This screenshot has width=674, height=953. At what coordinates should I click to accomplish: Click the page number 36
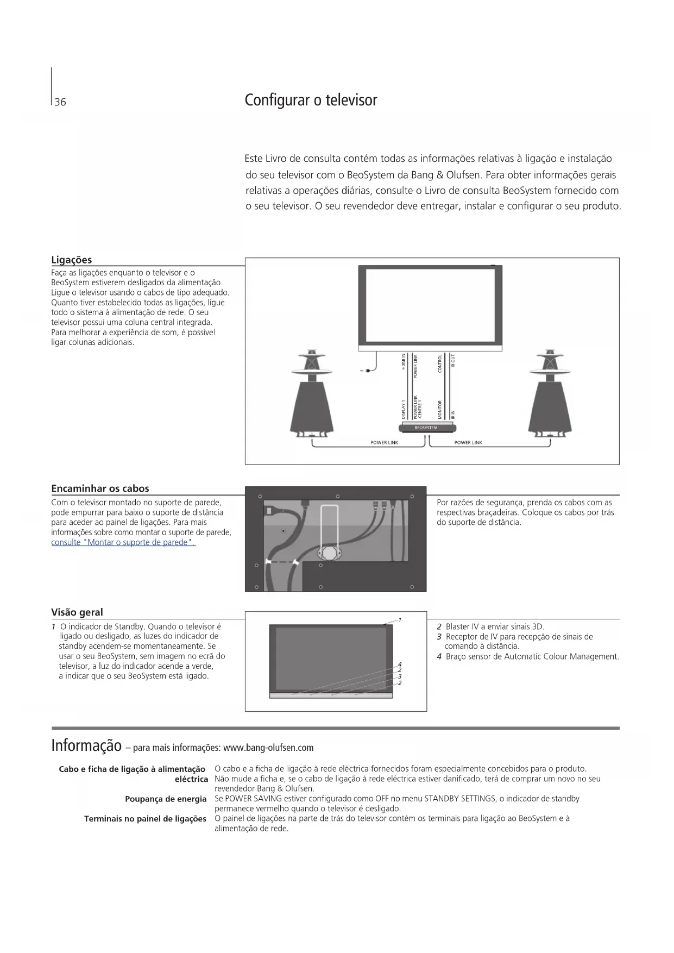[60, 102]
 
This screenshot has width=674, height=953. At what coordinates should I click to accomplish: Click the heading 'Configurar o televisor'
[311, 101]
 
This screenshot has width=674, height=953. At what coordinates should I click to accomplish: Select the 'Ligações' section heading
[72, 260]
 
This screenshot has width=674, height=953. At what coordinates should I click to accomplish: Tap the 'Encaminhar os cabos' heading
[100, 488]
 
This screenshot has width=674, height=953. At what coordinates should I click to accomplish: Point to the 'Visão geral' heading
[77, 612]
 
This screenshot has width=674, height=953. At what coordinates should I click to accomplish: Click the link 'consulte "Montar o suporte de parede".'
[123, 542]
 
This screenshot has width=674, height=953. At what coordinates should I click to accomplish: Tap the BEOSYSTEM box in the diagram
[426, 428]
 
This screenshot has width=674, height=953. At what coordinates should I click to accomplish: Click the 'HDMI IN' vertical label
[404, 361]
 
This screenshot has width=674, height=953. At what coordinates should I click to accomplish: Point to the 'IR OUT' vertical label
[453, 361]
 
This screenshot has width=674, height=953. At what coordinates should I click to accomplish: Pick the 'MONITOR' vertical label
[440, 409]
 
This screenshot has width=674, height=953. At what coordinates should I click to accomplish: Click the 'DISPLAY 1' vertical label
[404, 409]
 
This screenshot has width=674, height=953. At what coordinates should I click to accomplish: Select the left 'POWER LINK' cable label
[384, 443]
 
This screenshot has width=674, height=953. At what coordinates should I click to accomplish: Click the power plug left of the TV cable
[367, 371]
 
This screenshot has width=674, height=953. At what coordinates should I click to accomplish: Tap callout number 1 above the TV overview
[400, 620]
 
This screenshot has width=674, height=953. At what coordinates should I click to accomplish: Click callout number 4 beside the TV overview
[400, 664]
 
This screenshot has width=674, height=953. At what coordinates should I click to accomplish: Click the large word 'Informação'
[86, 745]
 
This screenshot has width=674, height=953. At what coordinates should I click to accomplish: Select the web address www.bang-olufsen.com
[268, 748]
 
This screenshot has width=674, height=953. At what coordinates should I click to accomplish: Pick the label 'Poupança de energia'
[166, 799]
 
